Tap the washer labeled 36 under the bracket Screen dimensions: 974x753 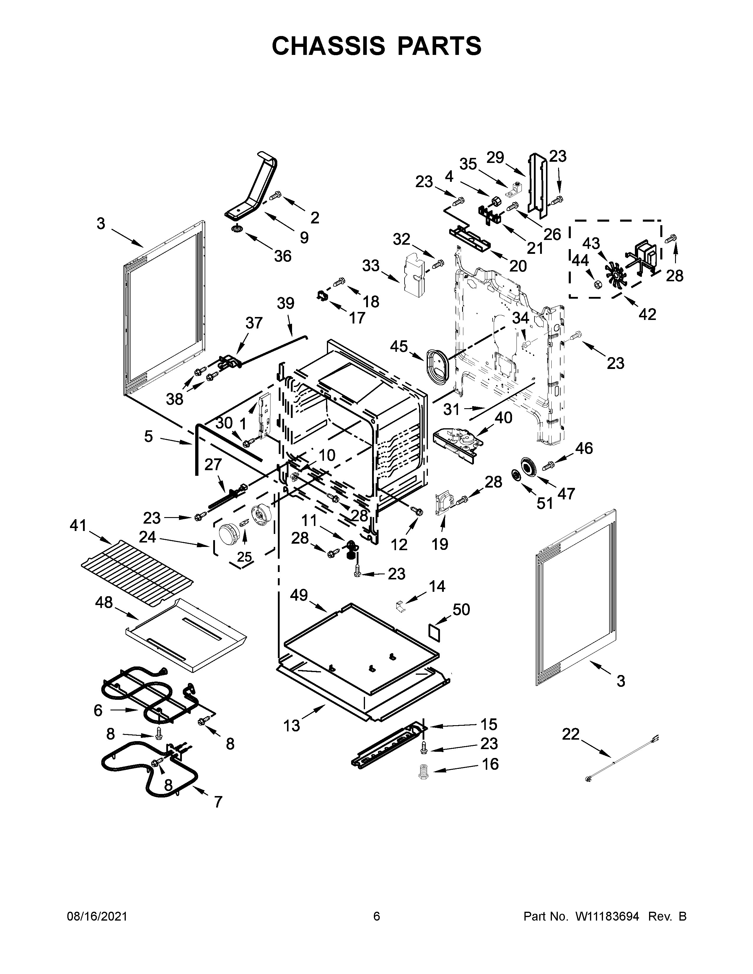237,229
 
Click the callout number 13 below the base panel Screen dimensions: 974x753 292,726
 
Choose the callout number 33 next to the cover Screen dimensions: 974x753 371,266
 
